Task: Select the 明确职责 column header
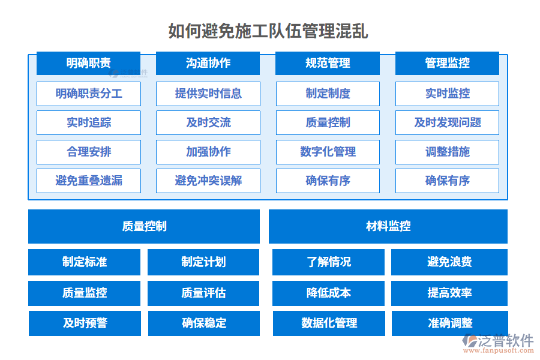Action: (x=88, y=63)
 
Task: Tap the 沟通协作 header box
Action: (x=208, y=63)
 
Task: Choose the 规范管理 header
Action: (x=328, y=63)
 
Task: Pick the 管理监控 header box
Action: (x=447, y=63)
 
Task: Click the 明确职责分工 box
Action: (x=88, y=94)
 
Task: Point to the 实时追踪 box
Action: (x=88, y=122)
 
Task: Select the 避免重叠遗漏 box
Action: (x=88, y=181)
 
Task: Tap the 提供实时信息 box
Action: (x=208, y=94)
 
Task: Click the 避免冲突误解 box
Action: (x=208, y=181)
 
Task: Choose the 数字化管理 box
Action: (x=328, y=152)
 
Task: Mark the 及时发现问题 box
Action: (x=447, y=122)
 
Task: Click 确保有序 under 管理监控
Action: (x=447, y=181)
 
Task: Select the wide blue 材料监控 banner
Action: (x=388, y=226)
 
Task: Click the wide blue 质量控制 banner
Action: (x=144, y=226)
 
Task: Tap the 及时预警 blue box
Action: (x=85, y=323)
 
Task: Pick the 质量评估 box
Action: (x=203, y=293)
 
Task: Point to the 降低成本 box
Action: (x=328, y=293)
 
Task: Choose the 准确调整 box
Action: (x=449, y=323)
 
